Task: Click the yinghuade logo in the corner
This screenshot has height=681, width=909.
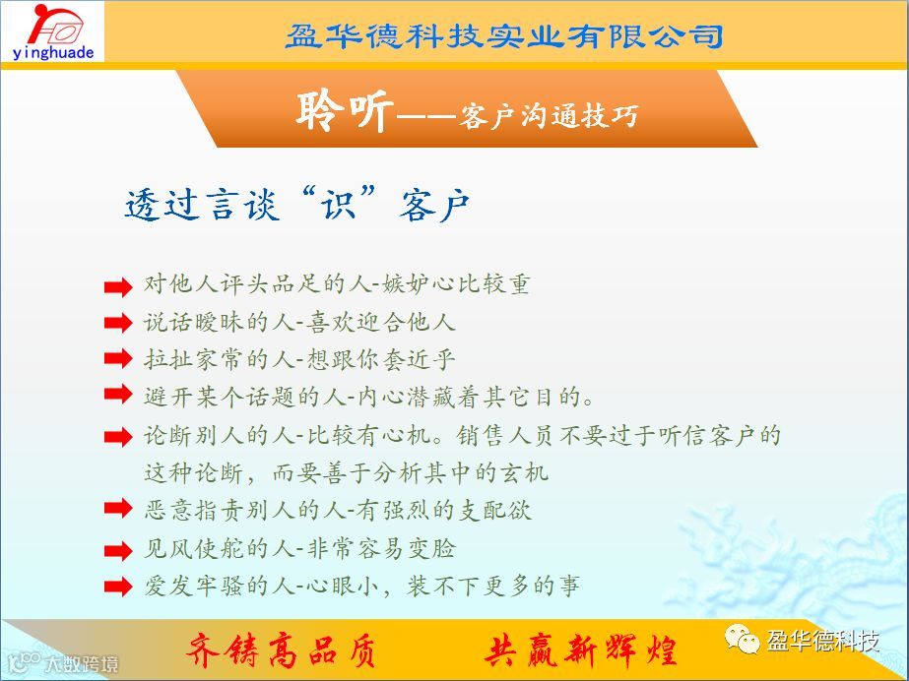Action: tap(52, 31)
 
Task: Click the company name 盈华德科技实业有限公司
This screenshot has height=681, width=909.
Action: tap(504, 35)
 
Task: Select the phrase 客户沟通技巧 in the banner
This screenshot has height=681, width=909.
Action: tap(548, 116)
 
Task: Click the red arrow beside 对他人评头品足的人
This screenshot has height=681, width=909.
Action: tap(118, 286)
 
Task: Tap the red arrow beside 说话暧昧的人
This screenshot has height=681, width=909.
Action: tap(118, 323)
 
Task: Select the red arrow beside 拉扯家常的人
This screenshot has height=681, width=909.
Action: tap(118, 358)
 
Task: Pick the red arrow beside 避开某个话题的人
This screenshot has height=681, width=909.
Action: tap(118, 394)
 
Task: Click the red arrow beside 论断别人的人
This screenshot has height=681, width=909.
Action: tap(118, 437)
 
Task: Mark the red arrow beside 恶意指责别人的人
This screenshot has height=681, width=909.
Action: tap(118, 508)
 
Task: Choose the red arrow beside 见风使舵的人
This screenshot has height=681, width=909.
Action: tap(118, 550)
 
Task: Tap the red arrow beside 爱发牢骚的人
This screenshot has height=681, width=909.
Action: tap(118, 586)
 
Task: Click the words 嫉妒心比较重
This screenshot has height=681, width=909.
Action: tap(456, 284)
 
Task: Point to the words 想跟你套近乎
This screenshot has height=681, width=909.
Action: tap(381, 359)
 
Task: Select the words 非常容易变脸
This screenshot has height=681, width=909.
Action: tap(381, 548)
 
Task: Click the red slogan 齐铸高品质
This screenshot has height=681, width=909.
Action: tap(281, 650)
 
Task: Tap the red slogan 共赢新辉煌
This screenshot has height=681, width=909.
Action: tap(581, 650)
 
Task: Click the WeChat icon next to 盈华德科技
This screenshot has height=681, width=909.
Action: tap(742, 640)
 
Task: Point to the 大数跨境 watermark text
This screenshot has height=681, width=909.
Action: tap(82, 663)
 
